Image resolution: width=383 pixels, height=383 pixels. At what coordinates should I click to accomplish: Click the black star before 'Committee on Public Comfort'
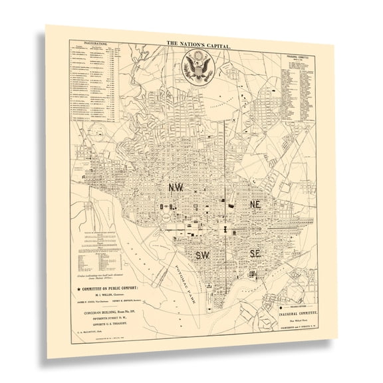point(80,290)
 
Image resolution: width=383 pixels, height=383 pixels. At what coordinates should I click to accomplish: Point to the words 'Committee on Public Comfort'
point(120,290)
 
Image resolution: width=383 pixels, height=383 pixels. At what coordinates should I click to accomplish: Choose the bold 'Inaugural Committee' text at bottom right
point(300,312)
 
